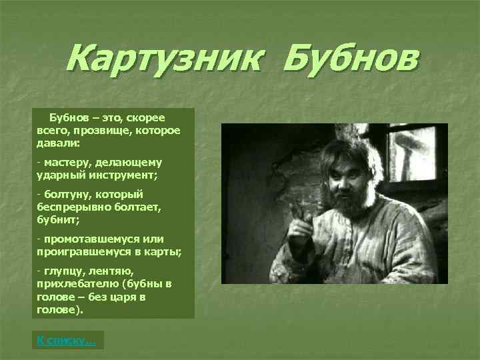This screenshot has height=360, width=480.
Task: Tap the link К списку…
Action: point(66,341)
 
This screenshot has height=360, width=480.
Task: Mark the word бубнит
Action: point(58,219)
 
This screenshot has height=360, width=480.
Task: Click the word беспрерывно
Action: point(72,207)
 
